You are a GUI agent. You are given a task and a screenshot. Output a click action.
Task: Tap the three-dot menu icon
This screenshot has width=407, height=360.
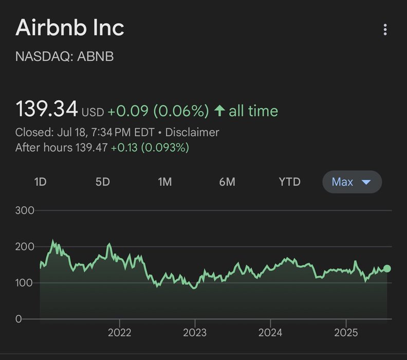click(x=385, y=30)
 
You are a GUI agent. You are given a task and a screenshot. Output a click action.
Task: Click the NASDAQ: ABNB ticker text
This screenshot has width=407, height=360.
click(x=64, y=57)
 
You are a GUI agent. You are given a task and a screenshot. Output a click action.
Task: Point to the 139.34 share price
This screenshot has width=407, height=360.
click(x=47, y=110)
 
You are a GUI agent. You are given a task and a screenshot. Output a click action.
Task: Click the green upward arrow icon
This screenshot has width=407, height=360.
click(x=219, y=111)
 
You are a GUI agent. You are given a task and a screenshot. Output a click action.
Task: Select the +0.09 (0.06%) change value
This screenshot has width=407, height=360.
click(x=158, y=111)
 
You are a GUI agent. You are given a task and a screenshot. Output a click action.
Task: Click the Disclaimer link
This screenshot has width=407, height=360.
click(x=192, y=132)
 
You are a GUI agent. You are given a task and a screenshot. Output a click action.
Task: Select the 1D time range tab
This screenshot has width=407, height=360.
click(x=40, y=182)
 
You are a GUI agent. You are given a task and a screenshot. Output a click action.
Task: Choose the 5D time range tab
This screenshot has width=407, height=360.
click(x=102, y=182)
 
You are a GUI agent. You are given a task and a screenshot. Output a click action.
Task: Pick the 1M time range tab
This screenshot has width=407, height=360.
click(x=164, y=182)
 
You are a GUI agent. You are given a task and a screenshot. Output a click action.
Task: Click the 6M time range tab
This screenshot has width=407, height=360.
click(x=227, y=182)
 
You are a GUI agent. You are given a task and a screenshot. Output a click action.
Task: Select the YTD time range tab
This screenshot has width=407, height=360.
click(x=289, y=182)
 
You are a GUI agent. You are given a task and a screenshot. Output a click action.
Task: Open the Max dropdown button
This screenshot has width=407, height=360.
click(x=351, y=182)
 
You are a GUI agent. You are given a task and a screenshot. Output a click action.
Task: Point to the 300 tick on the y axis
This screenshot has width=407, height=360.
click(x=25, y=210)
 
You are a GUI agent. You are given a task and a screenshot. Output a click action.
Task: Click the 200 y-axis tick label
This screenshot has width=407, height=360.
click(x=25, y=247)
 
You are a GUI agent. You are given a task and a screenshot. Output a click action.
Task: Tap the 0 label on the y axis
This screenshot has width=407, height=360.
click(x=18, y=319)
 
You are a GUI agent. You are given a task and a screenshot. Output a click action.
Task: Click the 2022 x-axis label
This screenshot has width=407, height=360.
click(x=119, y=333)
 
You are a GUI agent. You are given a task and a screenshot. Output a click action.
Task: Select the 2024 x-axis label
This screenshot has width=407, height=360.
click(x=270, y=333)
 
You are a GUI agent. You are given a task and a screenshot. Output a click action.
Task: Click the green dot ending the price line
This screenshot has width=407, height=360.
click(x=387, y=268)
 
